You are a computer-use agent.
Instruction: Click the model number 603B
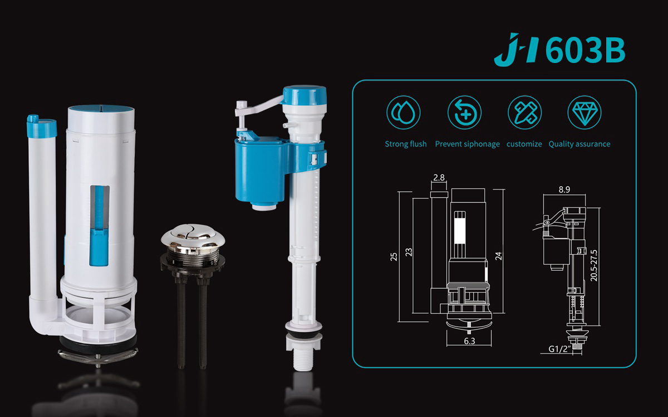[x=585, y=50]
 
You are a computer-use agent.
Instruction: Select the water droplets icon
[x=404, y=113]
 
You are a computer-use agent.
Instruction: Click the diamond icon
[x=584, y=113]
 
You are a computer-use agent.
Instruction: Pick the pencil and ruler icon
[x=524, y=113]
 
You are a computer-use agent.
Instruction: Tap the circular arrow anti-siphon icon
[x=464, y=113]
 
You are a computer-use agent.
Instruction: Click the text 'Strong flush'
[x=406, y=144]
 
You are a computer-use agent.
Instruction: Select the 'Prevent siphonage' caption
[x=467, y=144]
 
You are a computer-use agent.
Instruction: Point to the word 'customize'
[x=524, y=144]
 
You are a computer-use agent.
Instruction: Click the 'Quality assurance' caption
[x=579, y=144]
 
